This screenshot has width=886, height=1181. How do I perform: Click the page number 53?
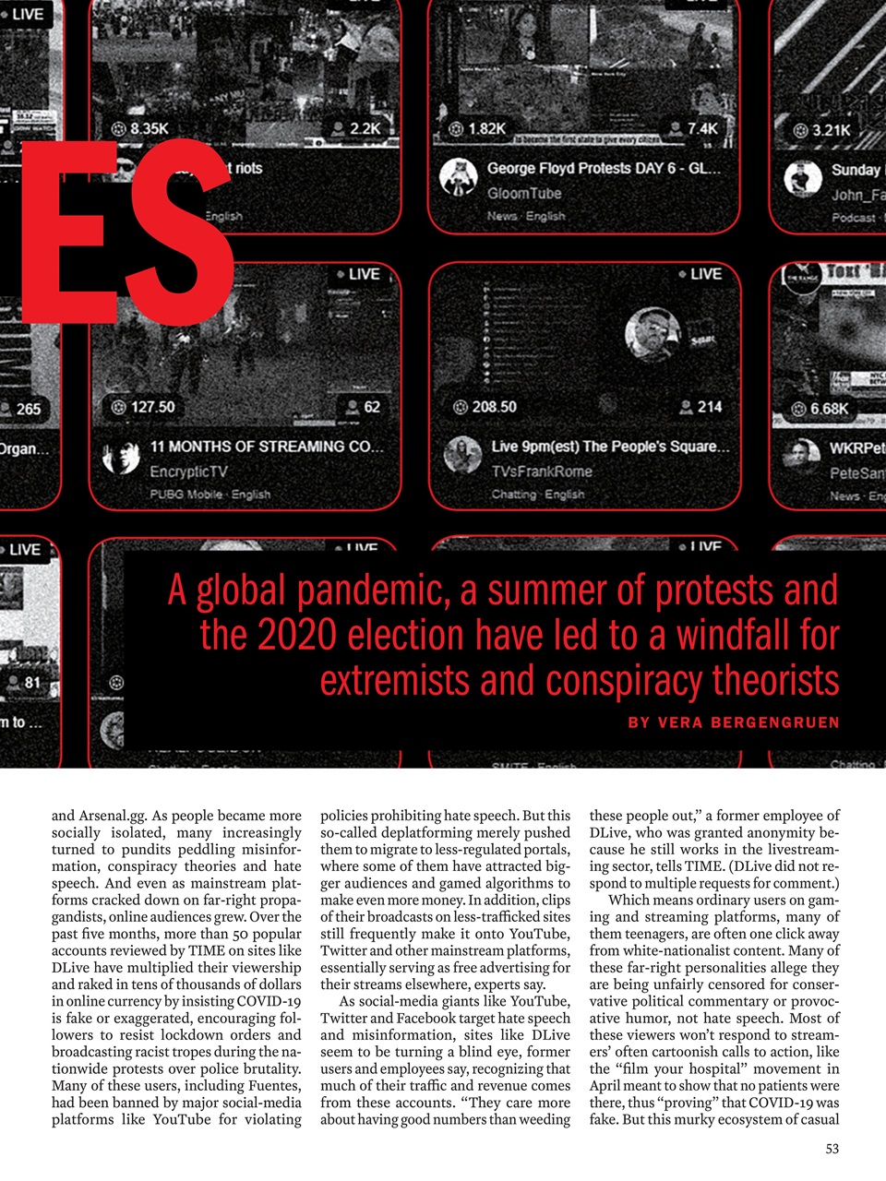pos(832,1149)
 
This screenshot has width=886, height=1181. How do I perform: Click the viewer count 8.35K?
pos(149,128)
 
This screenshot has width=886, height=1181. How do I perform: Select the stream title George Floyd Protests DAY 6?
pos(603,169)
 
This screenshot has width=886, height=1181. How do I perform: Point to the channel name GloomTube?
pos(523,193)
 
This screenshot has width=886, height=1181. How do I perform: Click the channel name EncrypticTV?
pos(188,471)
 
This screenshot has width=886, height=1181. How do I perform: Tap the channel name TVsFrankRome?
pos(542,471)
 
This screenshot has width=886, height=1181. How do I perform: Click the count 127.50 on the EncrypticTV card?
pos(152,407)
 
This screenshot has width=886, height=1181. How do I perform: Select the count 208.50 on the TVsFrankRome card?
pos(494,407)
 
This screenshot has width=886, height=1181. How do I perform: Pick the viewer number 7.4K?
pos(701,128)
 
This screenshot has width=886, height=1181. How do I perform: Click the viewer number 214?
pos(709,407)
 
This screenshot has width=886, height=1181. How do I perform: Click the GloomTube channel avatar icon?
pos(458,176)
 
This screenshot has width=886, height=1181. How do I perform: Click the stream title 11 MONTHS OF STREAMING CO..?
pos(267,447)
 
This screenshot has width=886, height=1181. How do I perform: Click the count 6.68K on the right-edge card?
pos(829,408)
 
